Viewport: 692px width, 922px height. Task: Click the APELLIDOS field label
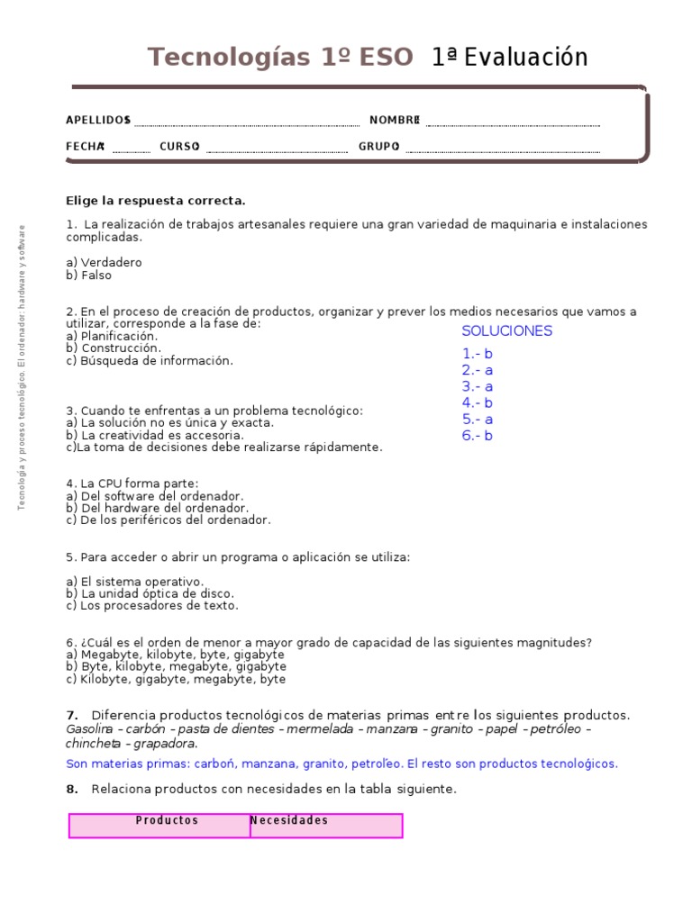click(98, 121)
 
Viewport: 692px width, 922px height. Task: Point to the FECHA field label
click(85, 146)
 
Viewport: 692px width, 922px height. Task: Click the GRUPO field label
click(378, 146)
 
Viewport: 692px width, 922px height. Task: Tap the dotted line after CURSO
click(277, 149)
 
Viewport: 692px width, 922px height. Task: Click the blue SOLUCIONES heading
click(506, 331)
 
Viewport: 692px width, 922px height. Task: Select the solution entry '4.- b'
click(478, 402)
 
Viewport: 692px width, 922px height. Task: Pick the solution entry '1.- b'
click(478, 354)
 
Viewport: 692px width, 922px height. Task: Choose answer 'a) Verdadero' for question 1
click(104, 262)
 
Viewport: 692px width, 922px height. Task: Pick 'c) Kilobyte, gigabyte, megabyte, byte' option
click(176, 679)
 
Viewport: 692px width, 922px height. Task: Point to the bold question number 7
click(72, 715)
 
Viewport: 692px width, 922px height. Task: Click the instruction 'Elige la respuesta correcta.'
click(156, 201)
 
